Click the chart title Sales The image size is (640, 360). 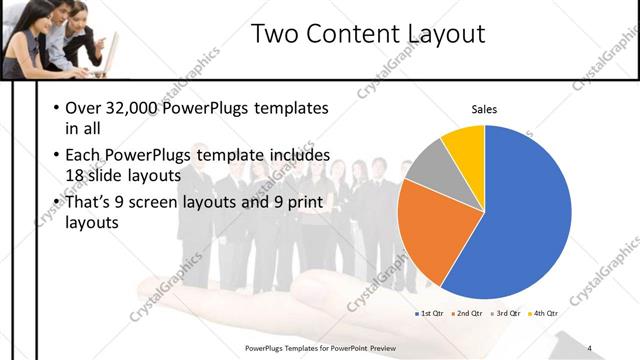(484, 109)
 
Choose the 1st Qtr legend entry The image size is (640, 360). (429, 313)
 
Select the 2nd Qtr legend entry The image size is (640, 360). (466, 313)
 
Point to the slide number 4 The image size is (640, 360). (590, 348)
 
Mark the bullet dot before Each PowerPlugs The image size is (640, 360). (54, 156)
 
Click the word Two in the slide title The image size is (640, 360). (272, 34)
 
